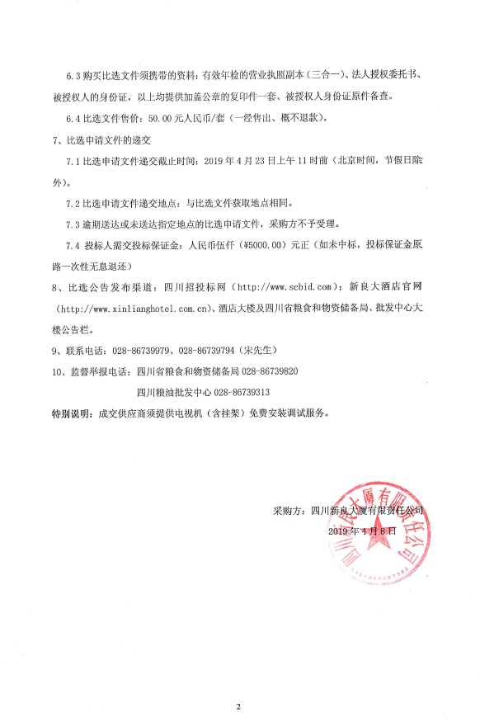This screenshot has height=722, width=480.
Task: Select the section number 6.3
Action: (x=73, y=74)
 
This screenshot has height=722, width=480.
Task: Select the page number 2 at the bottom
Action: (x=238, y=706)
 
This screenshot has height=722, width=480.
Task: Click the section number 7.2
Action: (x=73, y=202)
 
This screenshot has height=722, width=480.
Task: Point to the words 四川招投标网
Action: (x=194, y=286)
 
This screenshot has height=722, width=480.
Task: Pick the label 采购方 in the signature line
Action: (x=287, y=511)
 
